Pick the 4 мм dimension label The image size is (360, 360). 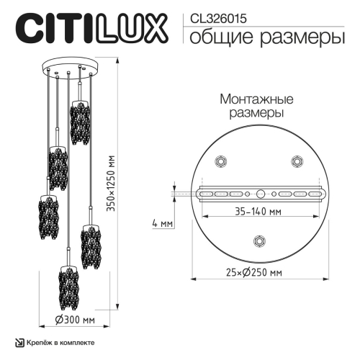(163, 223)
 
